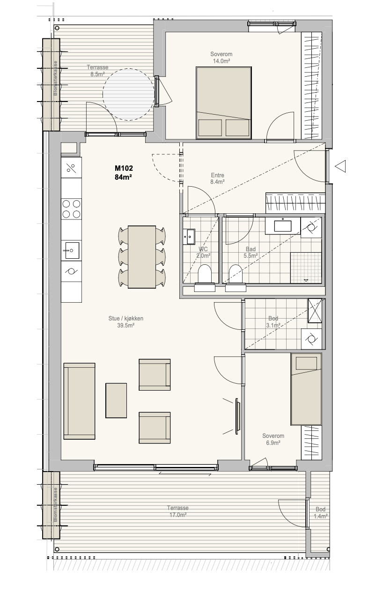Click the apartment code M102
tap(124, 168)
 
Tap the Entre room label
tap(217, 175)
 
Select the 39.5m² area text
tap(126, 325)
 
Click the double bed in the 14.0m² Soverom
tap(224, 102)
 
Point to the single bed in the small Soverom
tap(306, 389)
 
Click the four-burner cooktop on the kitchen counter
tap(71, 209)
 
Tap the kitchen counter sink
tap(71, 250)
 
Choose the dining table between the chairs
tap(142, 257)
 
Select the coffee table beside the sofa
tap(116, 400)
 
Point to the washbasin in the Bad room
tap(283, 225)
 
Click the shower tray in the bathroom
tap(306, 268)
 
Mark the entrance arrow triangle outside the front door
tap(340, 166)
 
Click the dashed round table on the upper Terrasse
tap(128, 95)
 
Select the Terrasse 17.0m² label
tap(178, 511)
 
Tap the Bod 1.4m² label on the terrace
tap(320, 513)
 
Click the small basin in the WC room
tap(189, 237)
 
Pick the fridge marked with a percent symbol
tap(71, 167)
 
